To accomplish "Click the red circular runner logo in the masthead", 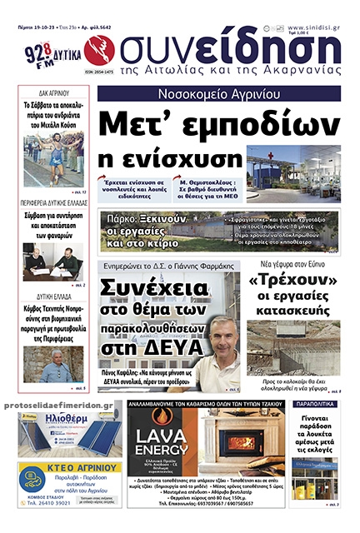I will tap(101, 50).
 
